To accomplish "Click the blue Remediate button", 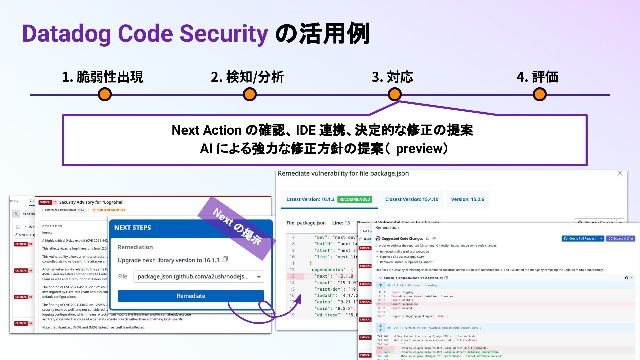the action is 191,296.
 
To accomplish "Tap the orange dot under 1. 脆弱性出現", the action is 105,94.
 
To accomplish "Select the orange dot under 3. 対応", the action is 395,94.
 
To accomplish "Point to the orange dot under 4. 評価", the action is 539,94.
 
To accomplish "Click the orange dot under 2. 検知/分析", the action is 250,94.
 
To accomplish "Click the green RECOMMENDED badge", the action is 355,199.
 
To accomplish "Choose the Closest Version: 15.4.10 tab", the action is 412,199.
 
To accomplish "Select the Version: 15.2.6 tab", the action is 467,199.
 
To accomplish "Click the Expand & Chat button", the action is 621,239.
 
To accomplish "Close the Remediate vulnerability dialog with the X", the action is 620,173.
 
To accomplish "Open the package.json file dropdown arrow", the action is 259,277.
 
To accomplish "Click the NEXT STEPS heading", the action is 133,228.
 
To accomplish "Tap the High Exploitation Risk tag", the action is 109,210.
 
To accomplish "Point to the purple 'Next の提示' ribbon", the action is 237,227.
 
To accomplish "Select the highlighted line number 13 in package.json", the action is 292,276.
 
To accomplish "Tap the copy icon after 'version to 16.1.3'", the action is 225,259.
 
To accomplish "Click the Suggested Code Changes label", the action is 402,239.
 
